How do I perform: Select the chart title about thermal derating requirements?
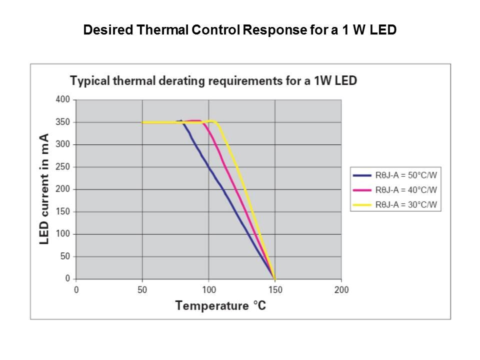213,80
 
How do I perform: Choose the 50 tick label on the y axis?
64,256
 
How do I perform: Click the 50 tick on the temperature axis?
142,289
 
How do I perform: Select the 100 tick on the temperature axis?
208,289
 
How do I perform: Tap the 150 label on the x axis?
275,289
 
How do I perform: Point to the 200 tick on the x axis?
341,289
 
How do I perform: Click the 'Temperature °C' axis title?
220,305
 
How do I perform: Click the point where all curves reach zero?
274,278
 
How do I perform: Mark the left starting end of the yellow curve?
143,122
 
